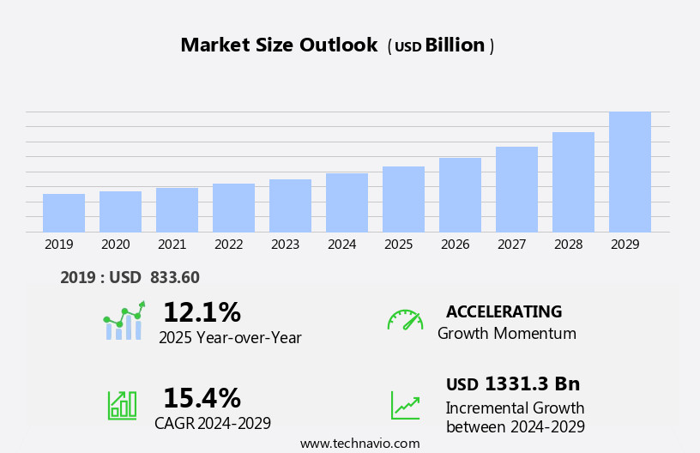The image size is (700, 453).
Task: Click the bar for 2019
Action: [x=63, y=213]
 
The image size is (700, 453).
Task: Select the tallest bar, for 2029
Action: [x=630, y=172]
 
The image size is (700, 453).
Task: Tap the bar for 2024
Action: [x=347, y=202]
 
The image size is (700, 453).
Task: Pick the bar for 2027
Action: [x=516, y=189]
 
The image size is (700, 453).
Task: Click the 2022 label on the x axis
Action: [x=228, y=245]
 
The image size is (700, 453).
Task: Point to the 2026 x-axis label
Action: [x=455, y=245]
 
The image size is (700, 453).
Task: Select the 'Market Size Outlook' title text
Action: [x=279, y=45]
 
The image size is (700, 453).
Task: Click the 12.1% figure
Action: [x=202, y=312]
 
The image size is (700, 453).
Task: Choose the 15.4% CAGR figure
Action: [x=202, y=398]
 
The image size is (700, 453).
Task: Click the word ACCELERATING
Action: [x=504, y=311]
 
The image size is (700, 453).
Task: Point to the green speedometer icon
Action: [x=405, y=320]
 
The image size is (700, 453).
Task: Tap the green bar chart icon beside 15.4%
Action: [x=122, y=404]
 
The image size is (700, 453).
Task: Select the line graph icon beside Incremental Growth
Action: [x=405, y=405]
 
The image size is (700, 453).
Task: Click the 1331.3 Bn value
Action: [x=532, y=384]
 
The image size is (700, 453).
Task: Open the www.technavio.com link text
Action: [x=359, y=444]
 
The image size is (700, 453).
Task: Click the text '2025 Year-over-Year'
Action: [x=230, y=338]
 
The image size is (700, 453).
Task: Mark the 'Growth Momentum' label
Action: [x=506, y=334]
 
